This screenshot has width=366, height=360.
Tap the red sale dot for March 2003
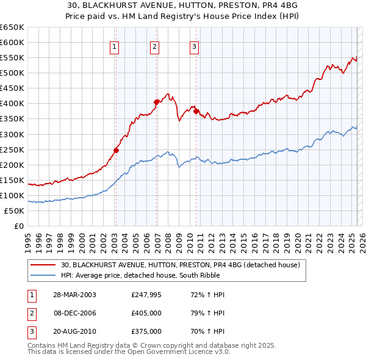point(116,149)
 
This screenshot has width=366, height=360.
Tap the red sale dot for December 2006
point(157,102)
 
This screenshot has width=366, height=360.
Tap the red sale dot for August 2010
point(196,111)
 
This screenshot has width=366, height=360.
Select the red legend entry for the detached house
point(180,265)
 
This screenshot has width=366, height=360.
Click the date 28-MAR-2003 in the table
point(74,295)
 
